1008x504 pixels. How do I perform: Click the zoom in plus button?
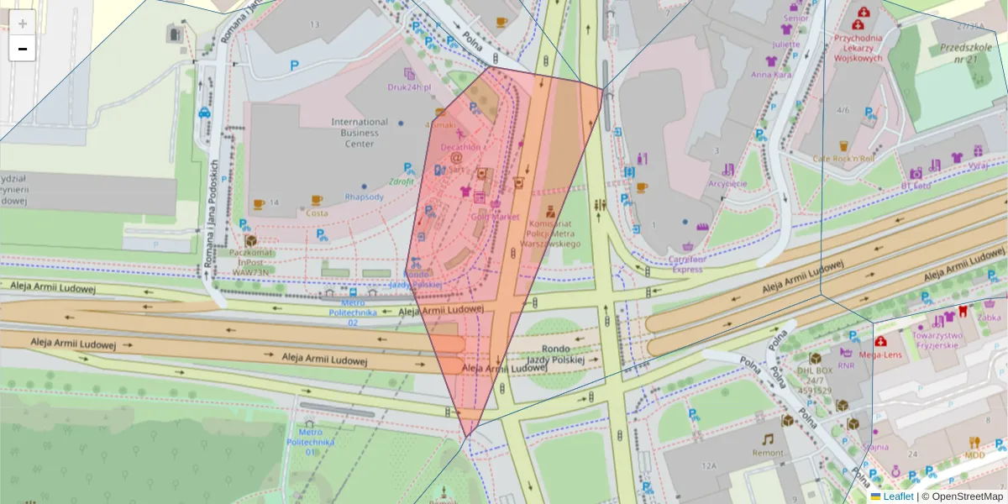[x=23, y=24]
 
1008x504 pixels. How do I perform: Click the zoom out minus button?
[x=23, y=49]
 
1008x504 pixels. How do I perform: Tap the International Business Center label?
[x=360, y=133]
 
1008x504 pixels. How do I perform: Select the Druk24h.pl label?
[x=409, y=87]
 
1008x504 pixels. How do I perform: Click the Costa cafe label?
[x=318, y=213]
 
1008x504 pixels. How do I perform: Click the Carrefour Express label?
[x=686, y=265]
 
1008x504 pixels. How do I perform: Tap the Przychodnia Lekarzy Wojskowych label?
[x=858, y=48]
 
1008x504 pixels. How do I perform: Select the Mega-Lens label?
[x=880, y=355]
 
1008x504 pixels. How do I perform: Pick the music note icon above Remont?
[x=767, y=438]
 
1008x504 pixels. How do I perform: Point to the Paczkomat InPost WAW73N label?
[x=251, y=261]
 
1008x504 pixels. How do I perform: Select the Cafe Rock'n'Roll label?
[x=844, y=158]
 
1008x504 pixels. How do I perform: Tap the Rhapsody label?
[x=364, y=197]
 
